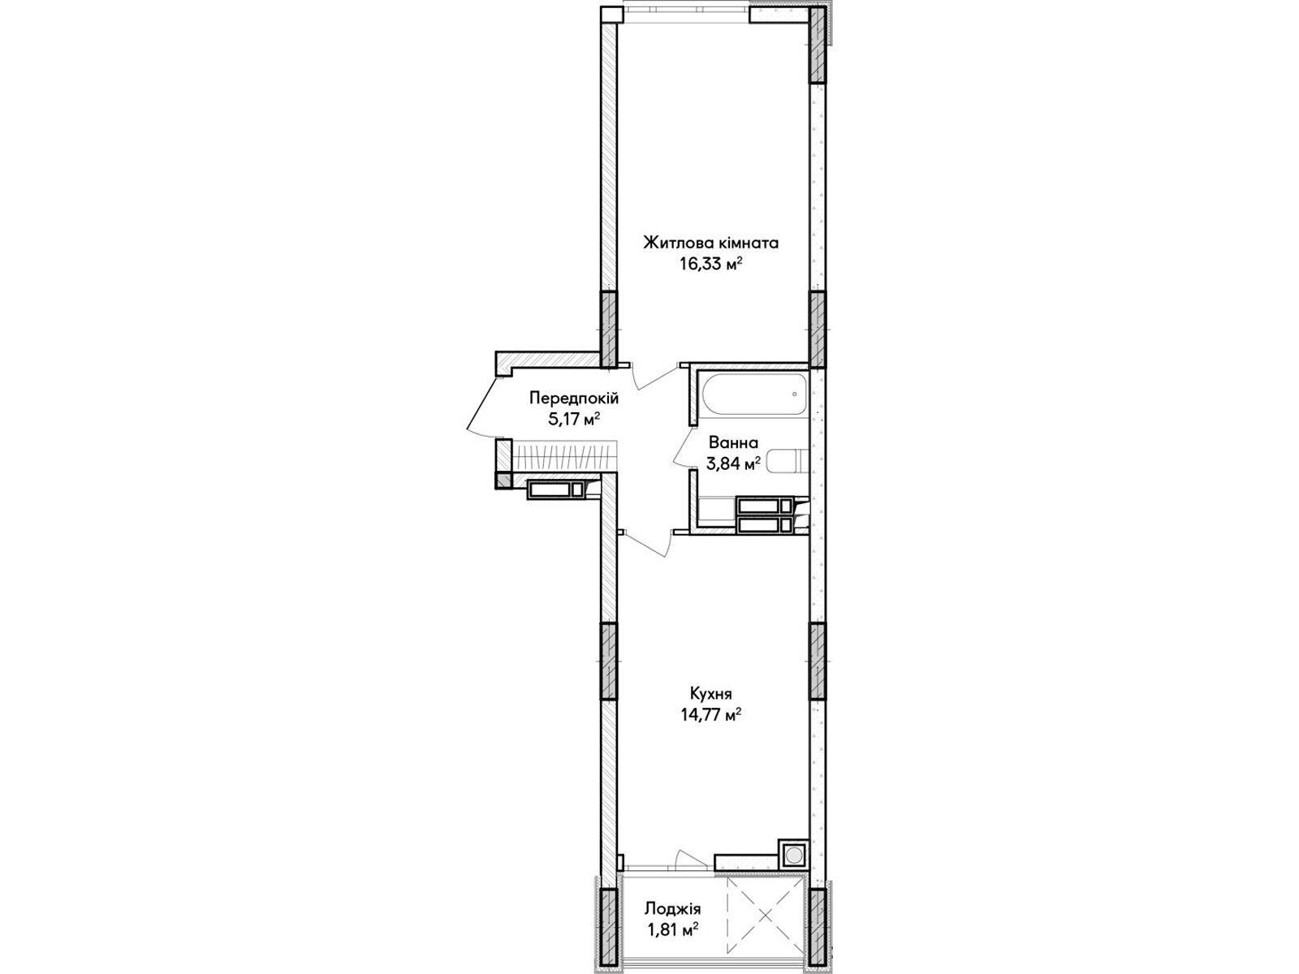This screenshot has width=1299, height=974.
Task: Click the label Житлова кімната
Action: (710, 243)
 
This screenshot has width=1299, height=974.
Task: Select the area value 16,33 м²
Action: (710, 264)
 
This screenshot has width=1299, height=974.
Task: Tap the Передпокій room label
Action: (574, 398)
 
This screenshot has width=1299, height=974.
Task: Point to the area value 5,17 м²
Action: (574, 420)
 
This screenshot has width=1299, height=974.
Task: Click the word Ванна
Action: (733, 442)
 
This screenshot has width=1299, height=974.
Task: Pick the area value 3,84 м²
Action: (733, 463)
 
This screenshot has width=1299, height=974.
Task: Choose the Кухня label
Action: (710, 693)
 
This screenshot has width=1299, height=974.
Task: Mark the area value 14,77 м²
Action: (710, 714)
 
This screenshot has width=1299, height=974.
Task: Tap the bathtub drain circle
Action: (794, 394)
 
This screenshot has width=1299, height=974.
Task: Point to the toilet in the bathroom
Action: (788, 461)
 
